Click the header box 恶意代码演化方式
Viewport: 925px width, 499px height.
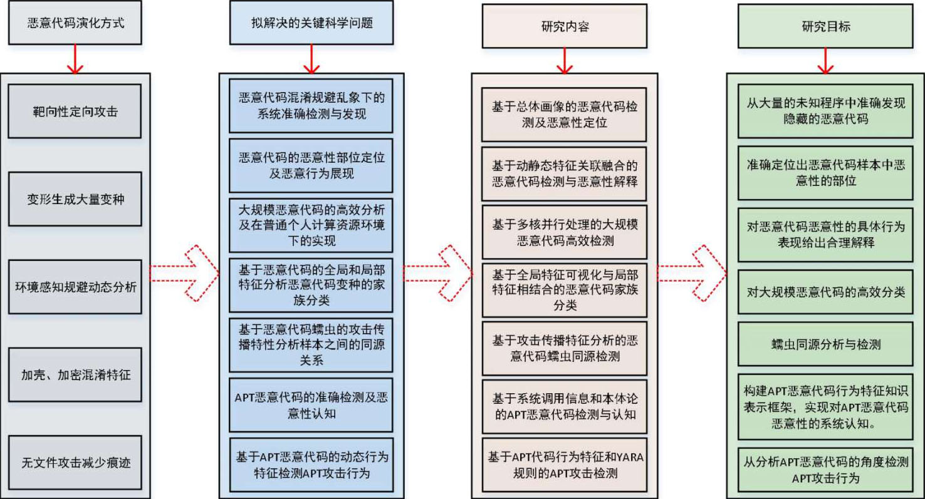(x=75, y=23)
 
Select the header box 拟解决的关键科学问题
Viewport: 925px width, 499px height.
(x=311, y=23)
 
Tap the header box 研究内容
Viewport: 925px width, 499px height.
(x=565, y=26)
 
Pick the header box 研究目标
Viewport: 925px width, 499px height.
(x=825, y=26)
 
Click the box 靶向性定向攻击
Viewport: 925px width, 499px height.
(x=75, y=111)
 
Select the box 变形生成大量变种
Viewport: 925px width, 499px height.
(x=75, y=199)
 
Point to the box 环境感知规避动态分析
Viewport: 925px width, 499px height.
(x=75, y=287)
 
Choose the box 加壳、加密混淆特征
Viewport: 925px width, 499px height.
(x=75, y=375)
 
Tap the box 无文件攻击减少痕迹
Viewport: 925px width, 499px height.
(x=75, y=463)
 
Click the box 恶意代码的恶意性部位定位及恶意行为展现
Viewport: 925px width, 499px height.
(x=311, y=166)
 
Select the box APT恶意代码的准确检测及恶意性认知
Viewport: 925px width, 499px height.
(x=311, y=405)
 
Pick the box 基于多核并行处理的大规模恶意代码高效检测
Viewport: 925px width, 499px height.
(x=565, y=232)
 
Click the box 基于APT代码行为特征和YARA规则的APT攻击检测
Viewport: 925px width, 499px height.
(x=565, y=465)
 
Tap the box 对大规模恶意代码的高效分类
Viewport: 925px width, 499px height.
(x=825, y=292)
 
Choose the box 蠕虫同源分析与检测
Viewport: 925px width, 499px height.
(x=825, y=344)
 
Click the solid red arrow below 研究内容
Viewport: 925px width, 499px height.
(x=565, y=61)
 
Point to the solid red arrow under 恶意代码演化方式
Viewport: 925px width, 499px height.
(x=75, y=59)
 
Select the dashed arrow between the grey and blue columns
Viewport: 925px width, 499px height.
(x=185, y=273)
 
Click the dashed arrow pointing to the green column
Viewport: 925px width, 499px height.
(x=692, y=273)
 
